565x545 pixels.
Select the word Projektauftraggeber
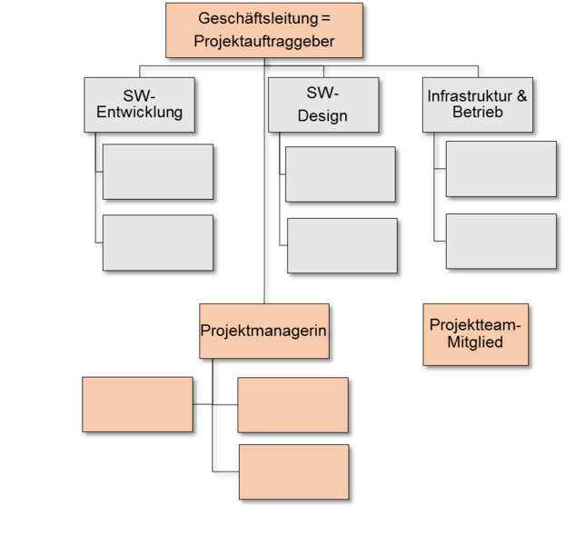tap(264, 41)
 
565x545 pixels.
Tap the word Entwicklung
tap(140, 114)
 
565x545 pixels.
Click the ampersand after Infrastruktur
tap(521, 95)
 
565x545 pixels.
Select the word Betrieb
tap(478, 114)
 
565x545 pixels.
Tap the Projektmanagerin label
tap(263, 331)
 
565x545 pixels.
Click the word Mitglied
tap(475, 342)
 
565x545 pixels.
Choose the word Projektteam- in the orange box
tap(475, 325)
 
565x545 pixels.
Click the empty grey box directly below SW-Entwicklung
tap(157, 172)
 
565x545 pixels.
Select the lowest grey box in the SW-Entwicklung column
tap(157, 243)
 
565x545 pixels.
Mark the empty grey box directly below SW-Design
tap(340, 174)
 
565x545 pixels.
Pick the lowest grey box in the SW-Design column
tap(342, 245)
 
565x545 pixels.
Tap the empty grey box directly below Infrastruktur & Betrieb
tap(501, 169)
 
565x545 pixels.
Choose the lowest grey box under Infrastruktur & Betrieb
tap(501, 241)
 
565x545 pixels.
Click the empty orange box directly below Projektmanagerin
tap(292, 405)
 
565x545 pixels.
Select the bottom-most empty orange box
tap(293, 471)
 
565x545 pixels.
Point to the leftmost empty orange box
tap(137, 404)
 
